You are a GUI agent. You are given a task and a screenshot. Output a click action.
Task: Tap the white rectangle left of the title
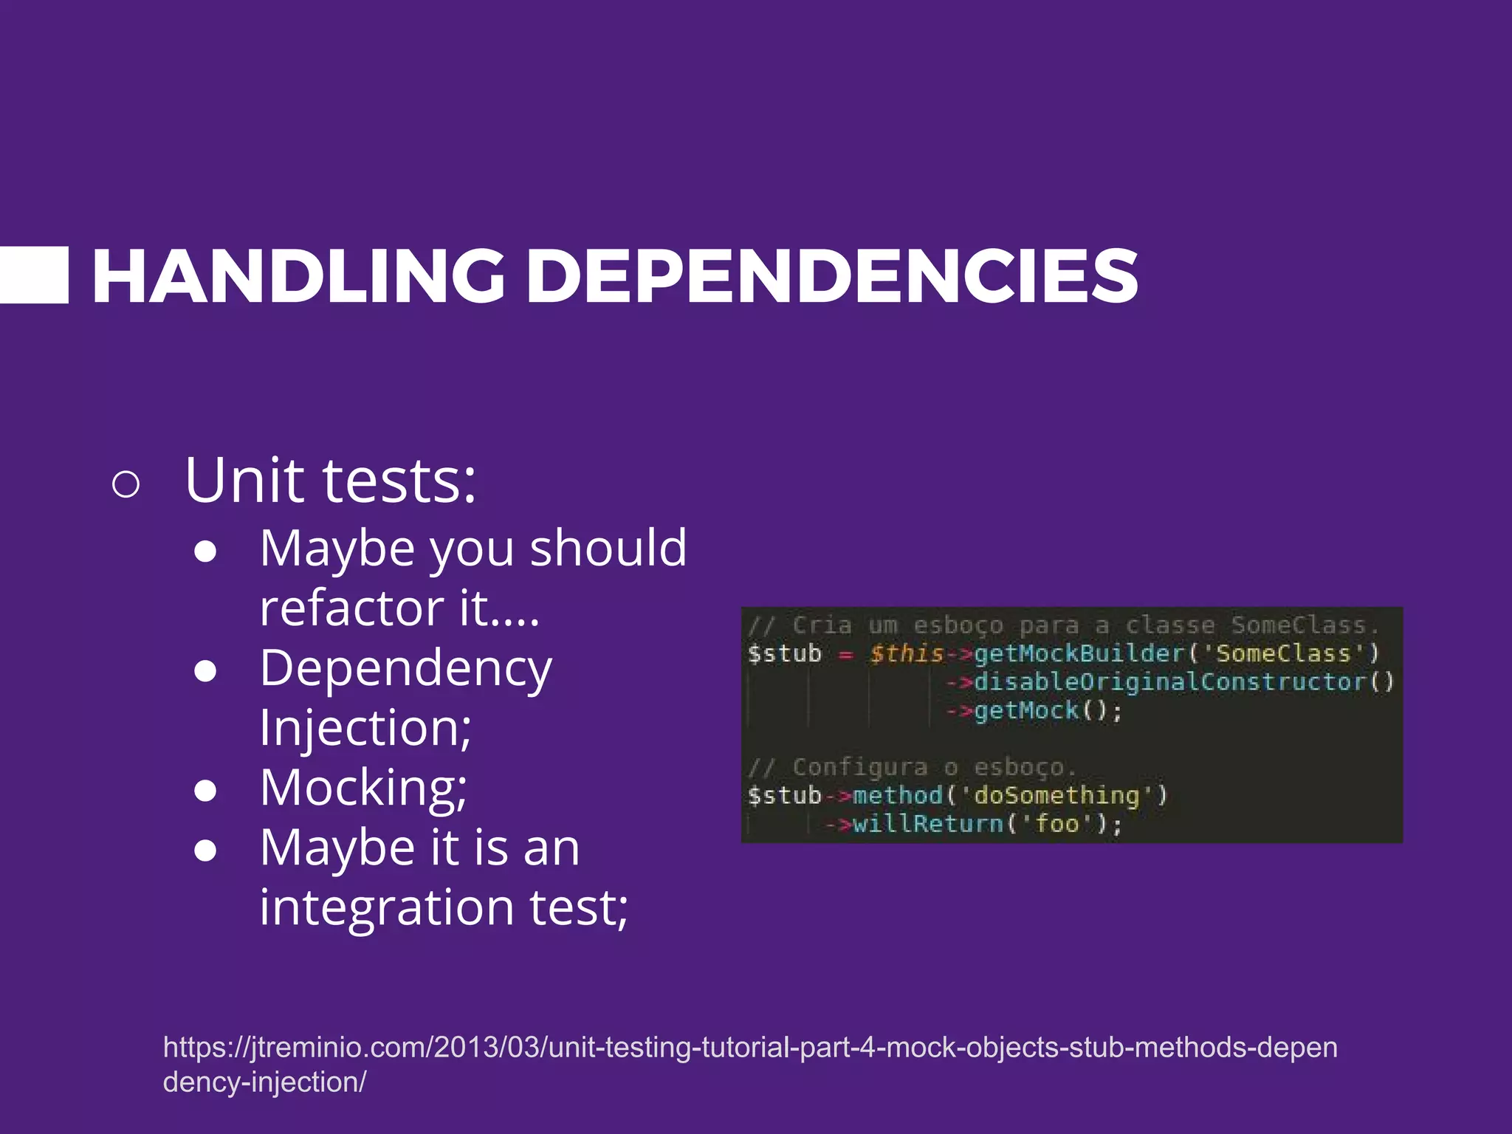pos(34,275)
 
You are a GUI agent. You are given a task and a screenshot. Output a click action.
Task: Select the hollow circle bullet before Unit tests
pos(126,484)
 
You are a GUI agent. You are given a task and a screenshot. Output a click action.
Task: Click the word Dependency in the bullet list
pos(405,669)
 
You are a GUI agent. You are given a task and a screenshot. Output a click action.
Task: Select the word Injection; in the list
pos(365,728)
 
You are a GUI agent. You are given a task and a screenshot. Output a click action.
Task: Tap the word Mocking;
pos(363,788)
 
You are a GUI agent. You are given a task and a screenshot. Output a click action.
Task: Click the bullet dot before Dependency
pos(205,670)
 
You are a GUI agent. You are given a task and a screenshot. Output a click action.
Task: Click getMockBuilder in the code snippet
pos(1079,653)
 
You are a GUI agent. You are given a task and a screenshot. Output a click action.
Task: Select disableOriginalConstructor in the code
pos(1169,681)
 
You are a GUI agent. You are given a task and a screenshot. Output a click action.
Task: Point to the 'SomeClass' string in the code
pos(1282,653)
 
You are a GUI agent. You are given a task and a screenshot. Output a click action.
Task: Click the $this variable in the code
pos(906,653)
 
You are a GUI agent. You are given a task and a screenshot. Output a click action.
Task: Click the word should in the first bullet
pos(608,548)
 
